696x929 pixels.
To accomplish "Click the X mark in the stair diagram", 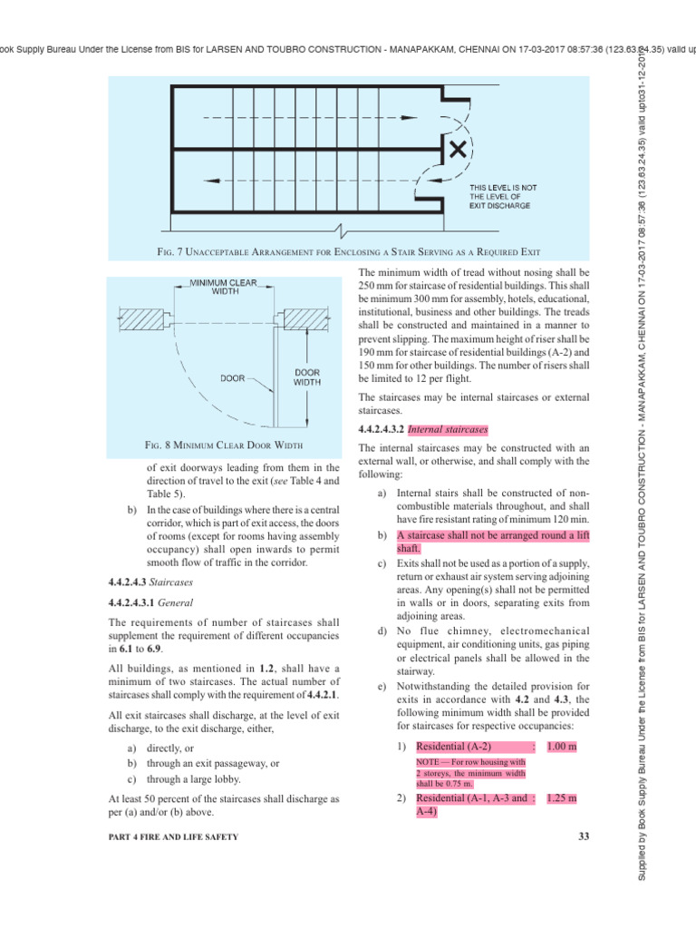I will pyautogui.click(x=459, y=147).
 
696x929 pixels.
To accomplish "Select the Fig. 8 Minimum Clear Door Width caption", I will pyautogui.click(x=224, y=445).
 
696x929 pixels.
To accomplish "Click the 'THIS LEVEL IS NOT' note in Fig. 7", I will pyautogui.click(x=503, y=188).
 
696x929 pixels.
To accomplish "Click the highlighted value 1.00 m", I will pyautogui.click(x=562, y=746).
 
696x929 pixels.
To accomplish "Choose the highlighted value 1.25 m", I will pyautogui.click(x=562, y=798).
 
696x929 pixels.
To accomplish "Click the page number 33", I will pyautogui.click(x=583, y=836).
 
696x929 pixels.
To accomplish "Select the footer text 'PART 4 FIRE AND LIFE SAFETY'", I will pyautogui.click(x=173, y=836).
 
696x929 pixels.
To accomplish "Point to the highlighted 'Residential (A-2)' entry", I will pyautogui.click(x=453, y=746).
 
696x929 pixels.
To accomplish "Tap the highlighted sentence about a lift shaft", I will pyautogui.click(x=489, y=542).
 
